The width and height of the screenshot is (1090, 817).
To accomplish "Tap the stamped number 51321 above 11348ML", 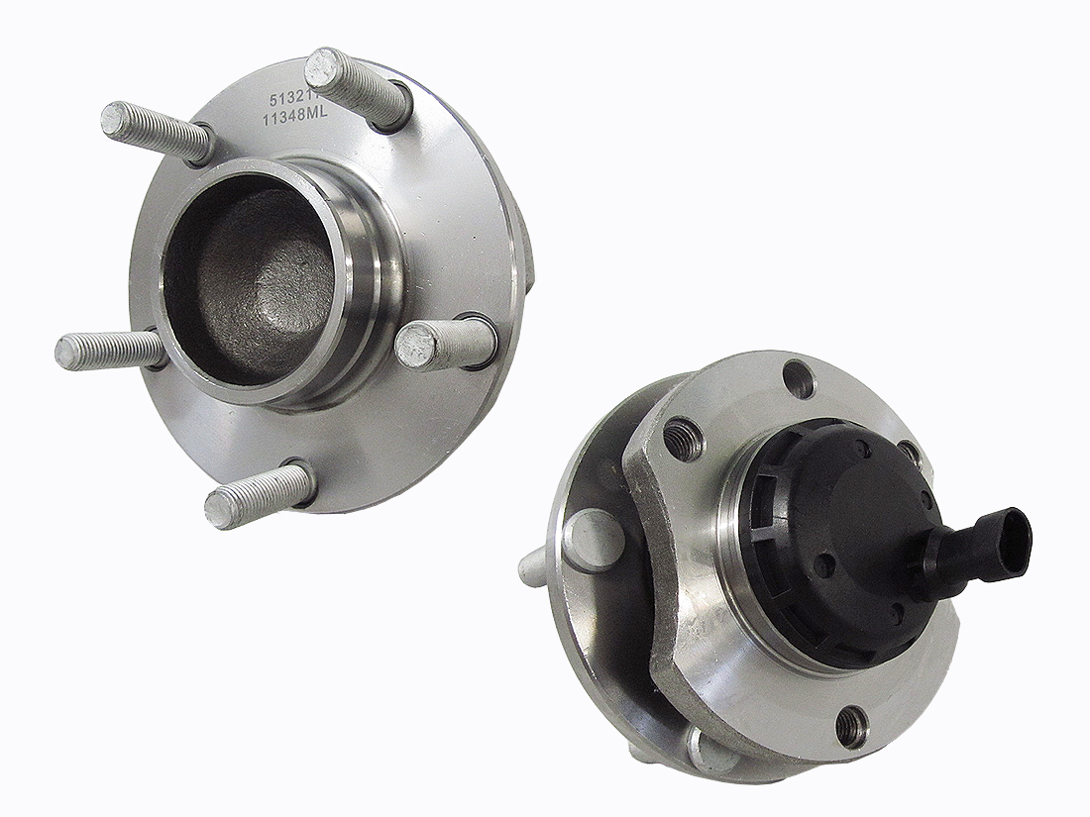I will pos(286,100).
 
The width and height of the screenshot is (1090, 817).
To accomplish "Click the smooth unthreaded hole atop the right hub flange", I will pos(798,378).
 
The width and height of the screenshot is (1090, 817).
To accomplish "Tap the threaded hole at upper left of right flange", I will pos(683,439).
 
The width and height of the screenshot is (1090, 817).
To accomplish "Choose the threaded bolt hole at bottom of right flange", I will pos(851,728).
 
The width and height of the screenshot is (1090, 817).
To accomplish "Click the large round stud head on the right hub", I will pos(593,540).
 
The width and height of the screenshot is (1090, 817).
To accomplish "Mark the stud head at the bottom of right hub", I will pos(710,751).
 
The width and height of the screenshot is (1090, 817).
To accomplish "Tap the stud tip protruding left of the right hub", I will pos(532,567).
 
